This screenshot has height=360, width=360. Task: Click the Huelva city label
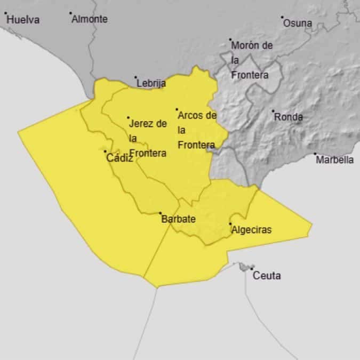[x=23, y=20]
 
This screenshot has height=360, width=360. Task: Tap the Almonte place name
[x=90, y=19]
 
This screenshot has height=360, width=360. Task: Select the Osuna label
[x=298, y=23]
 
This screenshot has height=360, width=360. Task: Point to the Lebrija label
[x=151, y=83]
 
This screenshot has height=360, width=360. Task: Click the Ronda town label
[x=288, y=117]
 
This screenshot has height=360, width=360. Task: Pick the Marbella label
[x=335, y=159]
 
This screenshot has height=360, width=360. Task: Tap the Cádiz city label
[x=119, y=158]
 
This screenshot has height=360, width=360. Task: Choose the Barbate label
[x=178, y=219]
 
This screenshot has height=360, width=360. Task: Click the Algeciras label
[x=251, y=230]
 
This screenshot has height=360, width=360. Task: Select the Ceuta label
[x=266, y=276]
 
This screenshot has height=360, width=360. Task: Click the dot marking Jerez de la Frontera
[x=128, y=117]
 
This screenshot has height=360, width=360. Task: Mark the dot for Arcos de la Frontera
[x=177, y=109]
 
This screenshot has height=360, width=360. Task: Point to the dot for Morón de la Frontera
[x=230, y=39]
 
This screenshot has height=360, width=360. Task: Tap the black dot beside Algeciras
[x=230, y=224]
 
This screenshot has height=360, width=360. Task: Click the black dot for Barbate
[x=161, y=213]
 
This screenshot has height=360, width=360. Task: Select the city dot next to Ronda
[x=273, y=111]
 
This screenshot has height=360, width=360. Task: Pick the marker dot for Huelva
[x=5, y=13]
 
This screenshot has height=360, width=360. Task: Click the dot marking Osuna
[x=283, y=17]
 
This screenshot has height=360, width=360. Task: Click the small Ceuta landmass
[x=246, y=266]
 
